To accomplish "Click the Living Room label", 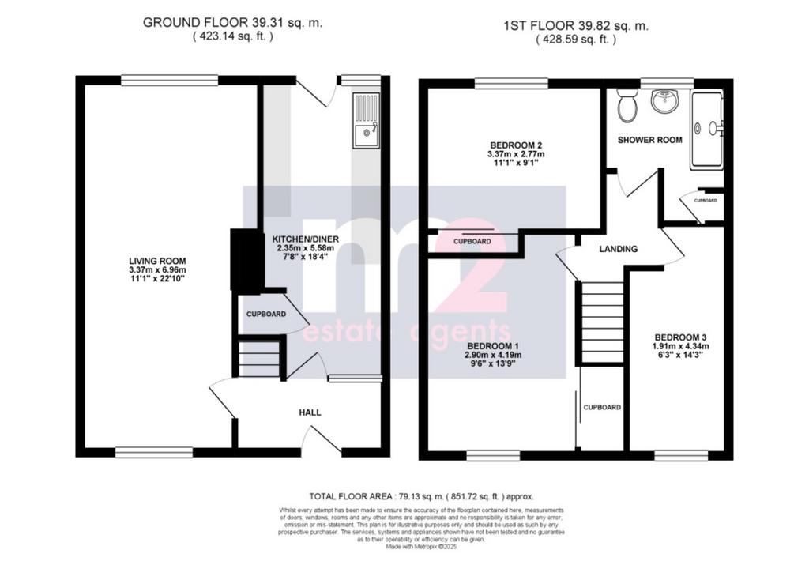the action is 157,261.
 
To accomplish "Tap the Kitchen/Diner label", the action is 306,239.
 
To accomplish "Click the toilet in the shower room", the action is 627,105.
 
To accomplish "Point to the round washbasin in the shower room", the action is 664,101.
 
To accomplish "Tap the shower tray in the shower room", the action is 707,130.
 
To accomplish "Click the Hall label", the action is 310,412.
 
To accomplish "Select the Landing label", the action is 618,249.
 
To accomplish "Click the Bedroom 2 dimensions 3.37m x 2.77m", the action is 516,154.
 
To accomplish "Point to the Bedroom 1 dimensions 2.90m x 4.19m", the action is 493,355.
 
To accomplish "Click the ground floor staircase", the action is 259,357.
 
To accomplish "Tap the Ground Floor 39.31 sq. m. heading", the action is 232,23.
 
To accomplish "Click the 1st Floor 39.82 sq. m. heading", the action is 576,26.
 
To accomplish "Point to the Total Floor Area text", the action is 422,496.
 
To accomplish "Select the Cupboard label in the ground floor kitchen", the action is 265,314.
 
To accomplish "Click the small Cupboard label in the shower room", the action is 706,200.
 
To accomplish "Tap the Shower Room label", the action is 649,140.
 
